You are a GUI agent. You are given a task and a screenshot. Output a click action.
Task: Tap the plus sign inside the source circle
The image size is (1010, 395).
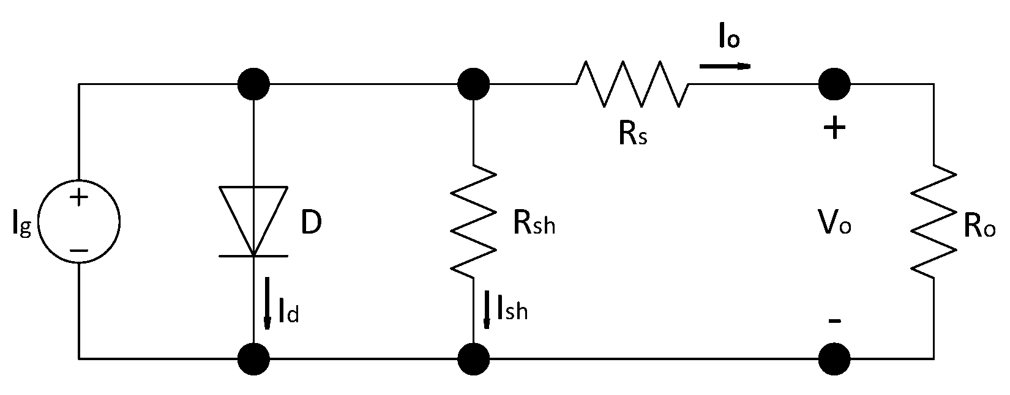(x=78, y=197)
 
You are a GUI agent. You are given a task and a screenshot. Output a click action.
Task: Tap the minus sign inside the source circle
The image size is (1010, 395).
(x=78, y=250)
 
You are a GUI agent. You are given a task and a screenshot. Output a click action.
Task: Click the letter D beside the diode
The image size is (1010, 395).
(x=311, y=224)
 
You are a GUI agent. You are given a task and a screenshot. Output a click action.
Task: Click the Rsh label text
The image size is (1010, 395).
(x=534, y=225)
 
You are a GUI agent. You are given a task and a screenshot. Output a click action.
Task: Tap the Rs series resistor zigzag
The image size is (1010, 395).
(x=632, y=84)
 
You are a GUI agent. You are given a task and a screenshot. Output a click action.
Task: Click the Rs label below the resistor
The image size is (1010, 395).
(x=632, y=135)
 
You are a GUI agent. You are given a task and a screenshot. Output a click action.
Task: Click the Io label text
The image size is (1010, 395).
(x=730, y=39)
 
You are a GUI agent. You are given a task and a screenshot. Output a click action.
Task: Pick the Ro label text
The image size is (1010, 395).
(x=979, y=227)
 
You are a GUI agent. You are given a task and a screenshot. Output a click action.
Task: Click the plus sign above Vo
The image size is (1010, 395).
(x=834, y=130)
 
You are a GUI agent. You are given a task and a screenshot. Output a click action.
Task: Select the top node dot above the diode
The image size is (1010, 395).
(x=253, y=84)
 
